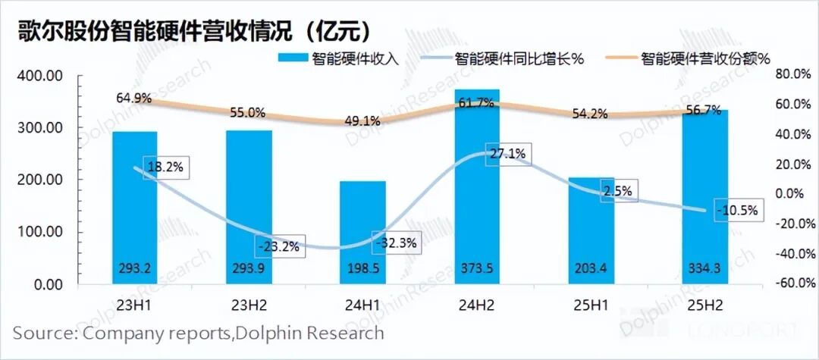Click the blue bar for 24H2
477,189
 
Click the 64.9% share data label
134,99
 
